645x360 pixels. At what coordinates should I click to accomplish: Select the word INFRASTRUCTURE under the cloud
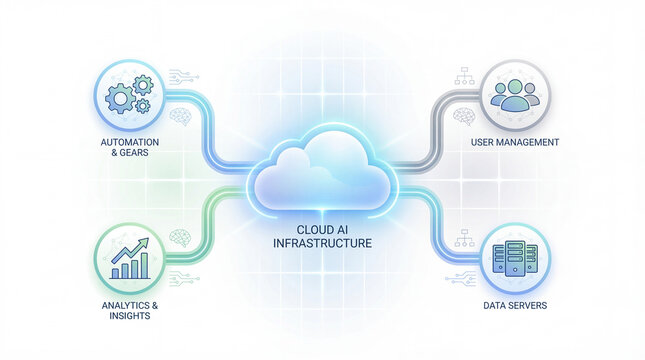(x=322, y=243)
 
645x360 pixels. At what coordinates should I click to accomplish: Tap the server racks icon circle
(x=517, y=255)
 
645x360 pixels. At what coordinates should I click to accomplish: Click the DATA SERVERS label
(x=516, y=304)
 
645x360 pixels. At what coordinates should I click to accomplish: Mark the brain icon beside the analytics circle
(x=181, y=237)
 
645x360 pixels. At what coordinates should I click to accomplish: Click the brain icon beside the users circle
(x=462, y=115)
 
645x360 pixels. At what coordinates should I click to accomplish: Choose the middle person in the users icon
(x=517, y=93)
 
